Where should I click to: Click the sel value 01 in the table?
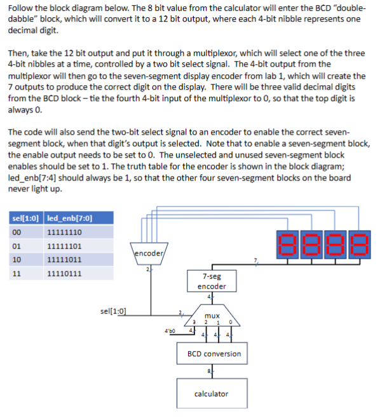pyautogui.click(x=18, y=247)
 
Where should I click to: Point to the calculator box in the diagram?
pyautogui.click(x=211, y=393)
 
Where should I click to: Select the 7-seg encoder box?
pyautogui.click(x=212, y=281)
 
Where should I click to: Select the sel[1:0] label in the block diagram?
pyautogui.click(x=113, y=311)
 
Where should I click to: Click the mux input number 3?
pyautogui.click(x=194, y=322)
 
